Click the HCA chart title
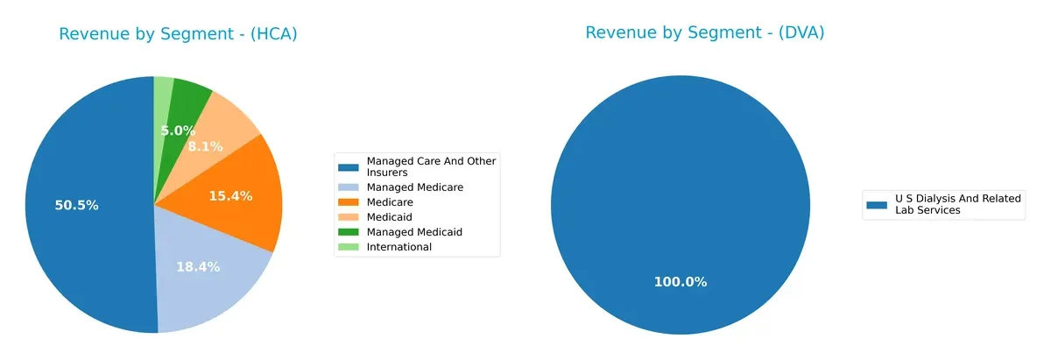[x=178, y=34]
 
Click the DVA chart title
[x=705, y=32]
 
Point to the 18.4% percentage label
[x=197, y=266]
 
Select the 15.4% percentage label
[x=230, y=195]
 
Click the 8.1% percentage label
[x=205, y=146]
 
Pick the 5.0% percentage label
[x=178, y=131]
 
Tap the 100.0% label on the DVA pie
[x=680, y=281]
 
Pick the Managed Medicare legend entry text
[x=414, y=187]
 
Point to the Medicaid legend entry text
[x=389, y=217]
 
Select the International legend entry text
[x=399, y=247]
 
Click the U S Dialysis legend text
[x=957, y=205]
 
